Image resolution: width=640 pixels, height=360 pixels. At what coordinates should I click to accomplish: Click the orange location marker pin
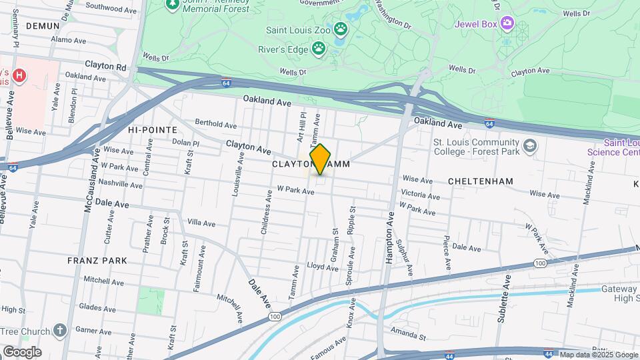pos(320,159)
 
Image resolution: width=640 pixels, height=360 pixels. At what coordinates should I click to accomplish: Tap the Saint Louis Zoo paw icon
pos(341,29)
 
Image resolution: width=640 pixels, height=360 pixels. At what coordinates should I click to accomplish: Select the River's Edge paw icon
pos(319,48)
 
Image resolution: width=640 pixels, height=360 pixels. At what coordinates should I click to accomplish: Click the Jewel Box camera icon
pos(507,23)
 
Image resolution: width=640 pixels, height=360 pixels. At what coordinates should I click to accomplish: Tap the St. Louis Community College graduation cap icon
pos(529,146)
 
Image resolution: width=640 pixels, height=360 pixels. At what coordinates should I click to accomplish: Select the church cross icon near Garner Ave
pos(60,331)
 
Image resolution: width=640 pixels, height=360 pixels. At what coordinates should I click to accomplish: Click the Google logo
pos(21,351)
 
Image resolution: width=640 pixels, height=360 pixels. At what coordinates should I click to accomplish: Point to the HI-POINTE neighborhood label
pos(153,129)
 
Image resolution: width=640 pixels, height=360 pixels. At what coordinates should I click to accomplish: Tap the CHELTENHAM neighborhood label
pos(480,181)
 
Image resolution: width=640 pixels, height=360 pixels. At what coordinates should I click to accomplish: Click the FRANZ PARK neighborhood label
pos(92,261)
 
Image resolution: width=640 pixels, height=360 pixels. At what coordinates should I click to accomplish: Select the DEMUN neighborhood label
pos(43,25)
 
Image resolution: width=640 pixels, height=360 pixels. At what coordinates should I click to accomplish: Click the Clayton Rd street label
pos(105,67)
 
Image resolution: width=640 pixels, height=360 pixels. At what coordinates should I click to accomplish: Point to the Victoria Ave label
pos(420,196)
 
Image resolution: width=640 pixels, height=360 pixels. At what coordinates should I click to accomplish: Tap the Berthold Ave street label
pos(215,124)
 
